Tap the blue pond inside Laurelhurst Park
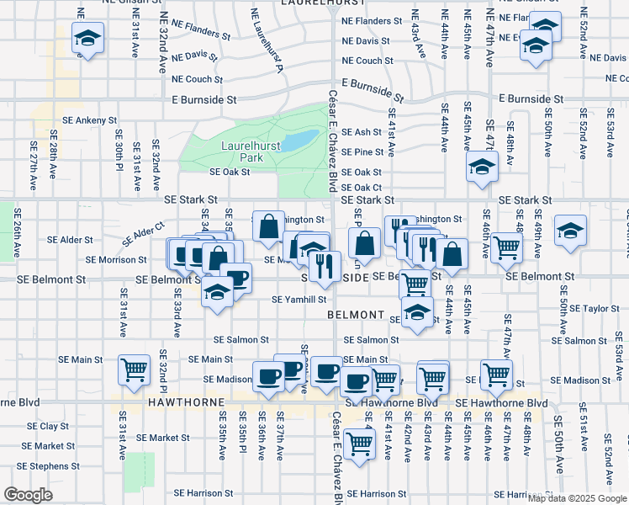pyautogui.click(x=296, y=141)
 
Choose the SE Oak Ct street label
pyautogui.click(x=362, y=187)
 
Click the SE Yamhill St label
pyautogui.click(x=299, y=299)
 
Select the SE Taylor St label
pyautogui.click(x=596, y=309)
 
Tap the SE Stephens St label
pyautogui.click(x=48, y=465)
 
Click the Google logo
pyautogui.click(x=29, y=494)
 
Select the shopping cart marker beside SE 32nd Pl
pyautogui.click(x=135, y=370)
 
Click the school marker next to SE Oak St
pyautogui.click(x=482, y=167)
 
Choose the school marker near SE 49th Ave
pyautogui.click(x=570, y=231)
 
